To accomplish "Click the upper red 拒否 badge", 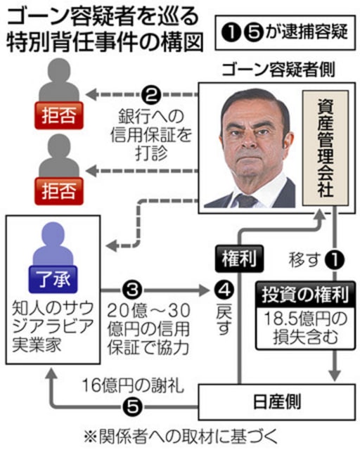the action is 59,115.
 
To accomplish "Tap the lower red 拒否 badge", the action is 59,191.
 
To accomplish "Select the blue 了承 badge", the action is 53,279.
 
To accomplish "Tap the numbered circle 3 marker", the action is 132,290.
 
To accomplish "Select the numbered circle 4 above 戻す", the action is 225,290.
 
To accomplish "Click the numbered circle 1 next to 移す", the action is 335,259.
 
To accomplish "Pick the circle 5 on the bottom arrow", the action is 132,406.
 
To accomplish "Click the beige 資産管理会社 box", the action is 326,148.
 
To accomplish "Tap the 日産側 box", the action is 277,401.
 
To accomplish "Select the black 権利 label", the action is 239,258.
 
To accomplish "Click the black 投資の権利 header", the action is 305,294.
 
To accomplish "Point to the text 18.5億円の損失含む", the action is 305,328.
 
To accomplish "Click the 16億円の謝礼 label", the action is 133,385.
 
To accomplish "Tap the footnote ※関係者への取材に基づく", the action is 181,437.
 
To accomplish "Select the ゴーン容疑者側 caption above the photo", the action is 278,70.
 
